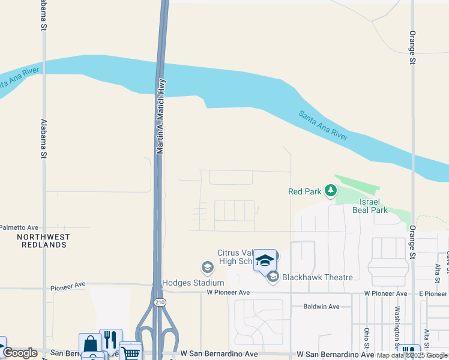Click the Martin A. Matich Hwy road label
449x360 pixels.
click(160, 116)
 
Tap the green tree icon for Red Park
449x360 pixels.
click(330, 191)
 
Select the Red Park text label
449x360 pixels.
click(305, 191)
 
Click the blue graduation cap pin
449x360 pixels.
click(265, 260)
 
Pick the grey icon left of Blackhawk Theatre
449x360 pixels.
click(273, 277)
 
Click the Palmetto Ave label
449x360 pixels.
click(19, 227)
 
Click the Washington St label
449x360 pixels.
click(397, 328)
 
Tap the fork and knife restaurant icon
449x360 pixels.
click(110, 339)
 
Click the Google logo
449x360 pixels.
click(20, 353)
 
